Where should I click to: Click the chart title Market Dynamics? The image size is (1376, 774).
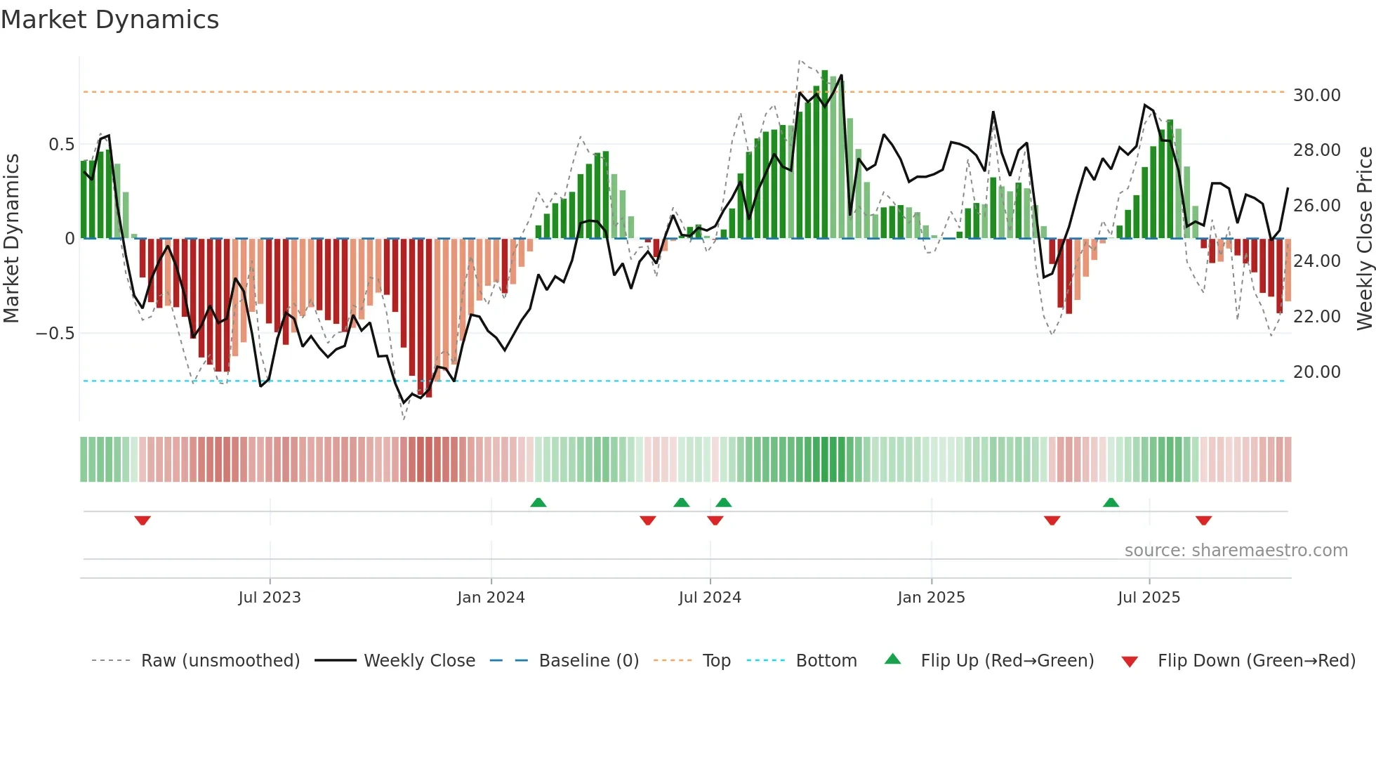click(x=110, y=20)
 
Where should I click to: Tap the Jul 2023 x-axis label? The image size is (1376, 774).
click(x=269, y=598)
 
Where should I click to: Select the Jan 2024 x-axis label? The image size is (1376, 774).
click(x=491, y=598)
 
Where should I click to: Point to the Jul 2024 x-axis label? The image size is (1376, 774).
click(x=710, y=598)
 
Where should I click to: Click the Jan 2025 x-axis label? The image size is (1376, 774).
click(x=931, y=598)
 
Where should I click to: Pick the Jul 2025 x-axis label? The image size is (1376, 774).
click(x=1149, y=598)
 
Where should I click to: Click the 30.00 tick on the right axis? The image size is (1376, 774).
click(x=1316, y=95)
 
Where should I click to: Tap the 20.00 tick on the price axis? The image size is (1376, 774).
click(x=1316, y=372)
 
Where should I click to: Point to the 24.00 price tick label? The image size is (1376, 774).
click(x=1316, y=261)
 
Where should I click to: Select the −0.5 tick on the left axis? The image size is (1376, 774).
click(x=55, y=333)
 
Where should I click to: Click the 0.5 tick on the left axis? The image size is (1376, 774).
click(x=61, y=145)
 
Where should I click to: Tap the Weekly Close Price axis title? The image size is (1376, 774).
click(x=1364, y=239)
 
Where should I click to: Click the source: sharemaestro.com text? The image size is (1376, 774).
click(x=1236, y=551)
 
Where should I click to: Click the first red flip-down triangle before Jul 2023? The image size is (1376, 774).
click(x=143, y=520)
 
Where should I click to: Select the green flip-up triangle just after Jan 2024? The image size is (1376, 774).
click(x=538, y=502)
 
